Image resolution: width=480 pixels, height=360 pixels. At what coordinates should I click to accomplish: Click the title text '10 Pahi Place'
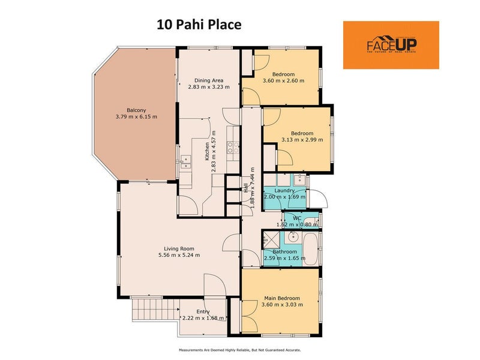click(x=199, y=25)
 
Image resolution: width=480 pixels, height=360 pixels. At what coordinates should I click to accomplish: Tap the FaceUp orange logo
click(x=391, y=45)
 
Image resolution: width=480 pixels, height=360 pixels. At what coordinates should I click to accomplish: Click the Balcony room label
click(x=136, y=110)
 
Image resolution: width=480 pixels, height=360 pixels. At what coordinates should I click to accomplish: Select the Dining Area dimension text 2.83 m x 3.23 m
click(x=209, y=87)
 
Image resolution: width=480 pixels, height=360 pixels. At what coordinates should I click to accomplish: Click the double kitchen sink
click(x=185, y=161)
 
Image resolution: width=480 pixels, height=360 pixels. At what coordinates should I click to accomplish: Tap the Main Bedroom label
click(x=281, y=298)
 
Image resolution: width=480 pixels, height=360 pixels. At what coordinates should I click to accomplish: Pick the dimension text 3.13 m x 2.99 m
click(x=302, y=140)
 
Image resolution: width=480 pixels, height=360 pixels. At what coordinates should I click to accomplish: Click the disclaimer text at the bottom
click(x=239, y=350)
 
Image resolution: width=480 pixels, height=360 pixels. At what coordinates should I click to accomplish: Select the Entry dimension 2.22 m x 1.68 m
click(x=203, y=318)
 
